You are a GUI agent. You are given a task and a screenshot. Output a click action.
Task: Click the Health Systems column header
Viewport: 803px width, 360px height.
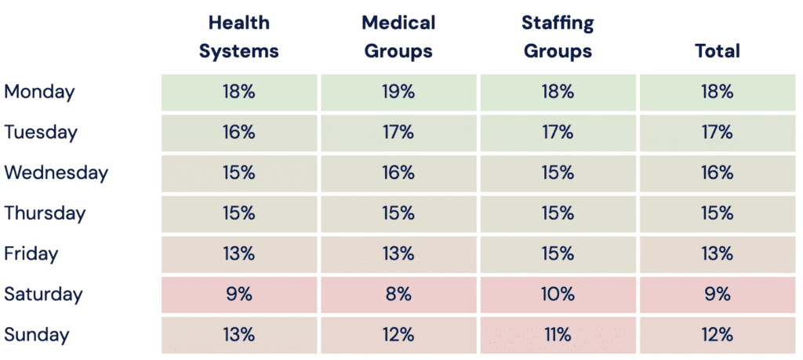point(238,38)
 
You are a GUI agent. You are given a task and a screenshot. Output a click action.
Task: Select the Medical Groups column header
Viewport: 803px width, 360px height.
point(398,38)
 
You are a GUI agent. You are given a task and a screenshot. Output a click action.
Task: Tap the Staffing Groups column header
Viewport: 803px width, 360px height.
point(558,38)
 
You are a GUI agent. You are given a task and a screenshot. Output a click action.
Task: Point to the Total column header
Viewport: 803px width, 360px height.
point(717,52)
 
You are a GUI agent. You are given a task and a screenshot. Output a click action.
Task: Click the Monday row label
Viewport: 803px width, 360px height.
point(39,92)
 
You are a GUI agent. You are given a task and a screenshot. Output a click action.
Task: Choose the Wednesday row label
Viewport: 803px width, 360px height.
point(56,173)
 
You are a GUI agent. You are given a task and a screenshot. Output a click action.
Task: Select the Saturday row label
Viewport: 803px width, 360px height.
point(43,295)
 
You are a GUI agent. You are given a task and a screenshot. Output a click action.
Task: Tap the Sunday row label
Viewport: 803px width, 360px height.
point(37,336)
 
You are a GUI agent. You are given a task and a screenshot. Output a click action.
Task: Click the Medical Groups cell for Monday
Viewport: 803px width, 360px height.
point(398,92)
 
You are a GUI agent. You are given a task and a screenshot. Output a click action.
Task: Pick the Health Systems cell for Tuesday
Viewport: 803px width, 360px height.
point(238,133)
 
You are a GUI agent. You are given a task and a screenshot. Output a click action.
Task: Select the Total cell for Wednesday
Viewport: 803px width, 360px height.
point(717,173)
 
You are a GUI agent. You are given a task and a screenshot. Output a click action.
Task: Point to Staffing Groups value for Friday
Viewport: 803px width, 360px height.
point(558,254)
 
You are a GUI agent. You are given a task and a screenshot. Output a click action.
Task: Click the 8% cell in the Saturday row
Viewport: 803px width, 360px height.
point(398,295)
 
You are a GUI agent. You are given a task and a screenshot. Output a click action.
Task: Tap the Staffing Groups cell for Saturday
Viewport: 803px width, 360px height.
point(558,295)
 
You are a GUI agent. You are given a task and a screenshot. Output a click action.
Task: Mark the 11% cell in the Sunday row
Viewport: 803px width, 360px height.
point(558,336)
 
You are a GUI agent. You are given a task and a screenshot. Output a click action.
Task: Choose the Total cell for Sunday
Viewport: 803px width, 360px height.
point(717,336)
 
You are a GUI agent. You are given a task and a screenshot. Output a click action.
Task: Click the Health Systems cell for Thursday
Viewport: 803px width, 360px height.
point(238,213)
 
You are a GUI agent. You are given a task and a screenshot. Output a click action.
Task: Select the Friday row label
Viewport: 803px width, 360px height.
point(31,254)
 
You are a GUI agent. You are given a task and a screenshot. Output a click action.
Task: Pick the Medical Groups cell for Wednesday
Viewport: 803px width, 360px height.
point(398,173)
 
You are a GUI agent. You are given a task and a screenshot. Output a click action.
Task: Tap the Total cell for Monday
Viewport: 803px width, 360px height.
point(717,92)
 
